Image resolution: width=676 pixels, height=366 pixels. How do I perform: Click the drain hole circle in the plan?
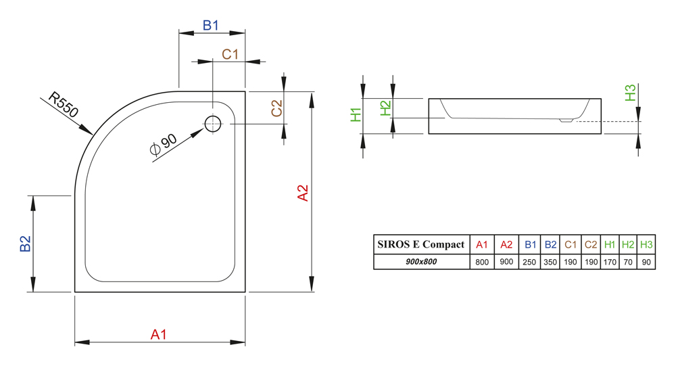pos(212,123)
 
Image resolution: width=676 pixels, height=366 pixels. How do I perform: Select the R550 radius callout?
pos(64,106)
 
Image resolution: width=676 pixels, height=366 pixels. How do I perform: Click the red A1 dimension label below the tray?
pos(158,334)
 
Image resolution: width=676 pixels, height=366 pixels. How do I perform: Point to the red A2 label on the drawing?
pos(303,193)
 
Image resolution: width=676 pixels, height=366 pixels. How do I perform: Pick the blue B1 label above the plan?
pos(211,26)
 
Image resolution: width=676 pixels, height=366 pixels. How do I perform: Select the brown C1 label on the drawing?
pos(231,53)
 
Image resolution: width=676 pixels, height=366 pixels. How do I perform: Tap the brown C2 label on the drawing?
pos(276,108)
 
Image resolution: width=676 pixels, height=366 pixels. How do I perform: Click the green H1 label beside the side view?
pos(356,114)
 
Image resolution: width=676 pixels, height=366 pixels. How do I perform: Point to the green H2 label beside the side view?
pos(385,109)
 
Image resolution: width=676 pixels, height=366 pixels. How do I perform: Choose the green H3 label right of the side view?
pos(630,93)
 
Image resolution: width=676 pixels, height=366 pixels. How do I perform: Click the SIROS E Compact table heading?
pos(421,244)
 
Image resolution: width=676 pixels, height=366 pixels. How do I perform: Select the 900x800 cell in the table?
pos(421,262)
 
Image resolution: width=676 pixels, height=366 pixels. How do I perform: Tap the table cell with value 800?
pos(481,262)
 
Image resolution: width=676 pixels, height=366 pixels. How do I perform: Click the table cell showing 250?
pos(530,262)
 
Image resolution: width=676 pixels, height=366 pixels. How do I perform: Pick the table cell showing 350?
pos(550,262)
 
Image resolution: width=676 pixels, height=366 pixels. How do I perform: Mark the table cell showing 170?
pos(610,262)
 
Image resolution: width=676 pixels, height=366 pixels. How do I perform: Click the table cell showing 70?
pos(628,262)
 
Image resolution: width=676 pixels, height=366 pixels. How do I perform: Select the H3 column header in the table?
pos(646,244)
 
